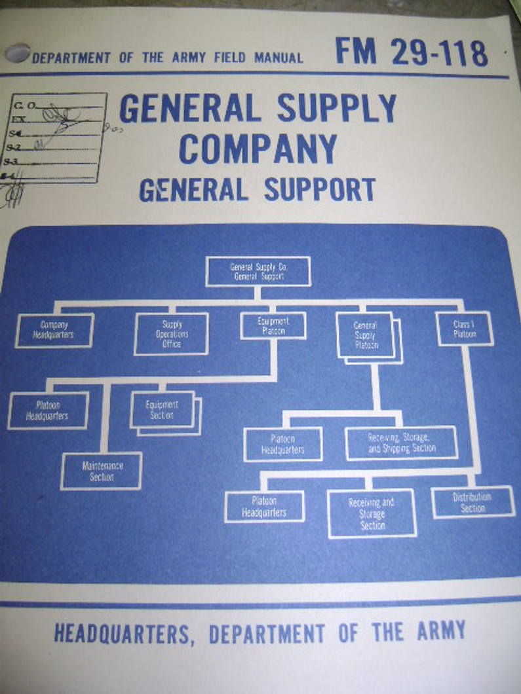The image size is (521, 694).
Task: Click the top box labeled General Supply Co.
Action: click(258, 271)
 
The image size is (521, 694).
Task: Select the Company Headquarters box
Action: click(54, 330)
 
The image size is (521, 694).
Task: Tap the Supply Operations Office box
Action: click(172, 334)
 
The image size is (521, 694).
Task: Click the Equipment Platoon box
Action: click(273, 325)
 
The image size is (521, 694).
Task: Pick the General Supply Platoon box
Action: click(366, 335)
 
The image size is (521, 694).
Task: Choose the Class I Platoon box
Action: click(465, 329)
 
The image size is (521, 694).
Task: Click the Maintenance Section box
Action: click(102, 471)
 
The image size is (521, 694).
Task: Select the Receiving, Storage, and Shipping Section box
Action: click(402, 443)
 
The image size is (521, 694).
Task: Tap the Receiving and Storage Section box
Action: click(372, 513)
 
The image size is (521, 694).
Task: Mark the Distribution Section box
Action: click(473, 502)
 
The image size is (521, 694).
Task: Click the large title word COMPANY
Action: click(258, 149)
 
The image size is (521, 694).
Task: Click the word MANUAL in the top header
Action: click(269, 58)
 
